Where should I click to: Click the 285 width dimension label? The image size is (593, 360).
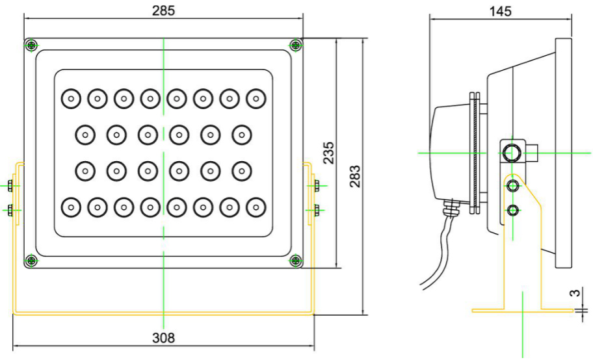click(163, 10)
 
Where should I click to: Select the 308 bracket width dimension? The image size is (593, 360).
click(163, 338)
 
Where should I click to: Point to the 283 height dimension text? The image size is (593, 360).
click(355, 176)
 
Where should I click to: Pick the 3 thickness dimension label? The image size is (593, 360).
click(574, 293)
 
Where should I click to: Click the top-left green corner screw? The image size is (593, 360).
click(31, 44)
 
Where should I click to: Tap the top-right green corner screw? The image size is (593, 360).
click(296, 44)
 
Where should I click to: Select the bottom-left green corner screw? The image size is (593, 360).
click(31, 261)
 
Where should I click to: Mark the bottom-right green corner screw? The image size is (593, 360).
click(296, 261)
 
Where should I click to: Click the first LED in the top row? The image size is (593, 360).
click(70, 99)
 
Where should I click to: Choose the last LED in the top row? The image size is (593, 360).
click(256, 99)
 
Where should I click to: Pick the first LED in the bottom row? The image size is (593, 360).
click(70, 207)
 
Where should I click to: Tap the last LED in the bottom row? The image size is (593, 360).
click(256, 207)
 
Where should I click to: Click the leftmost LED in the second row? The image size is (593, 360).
click(85, 135)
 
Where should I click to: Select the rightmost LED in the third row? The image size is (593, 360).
click(242, 171)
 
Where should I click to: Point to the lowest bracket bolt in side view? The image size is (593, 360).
click(513, 210)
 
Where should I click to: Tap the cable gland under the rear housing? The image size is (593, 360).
click(448, 207)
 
